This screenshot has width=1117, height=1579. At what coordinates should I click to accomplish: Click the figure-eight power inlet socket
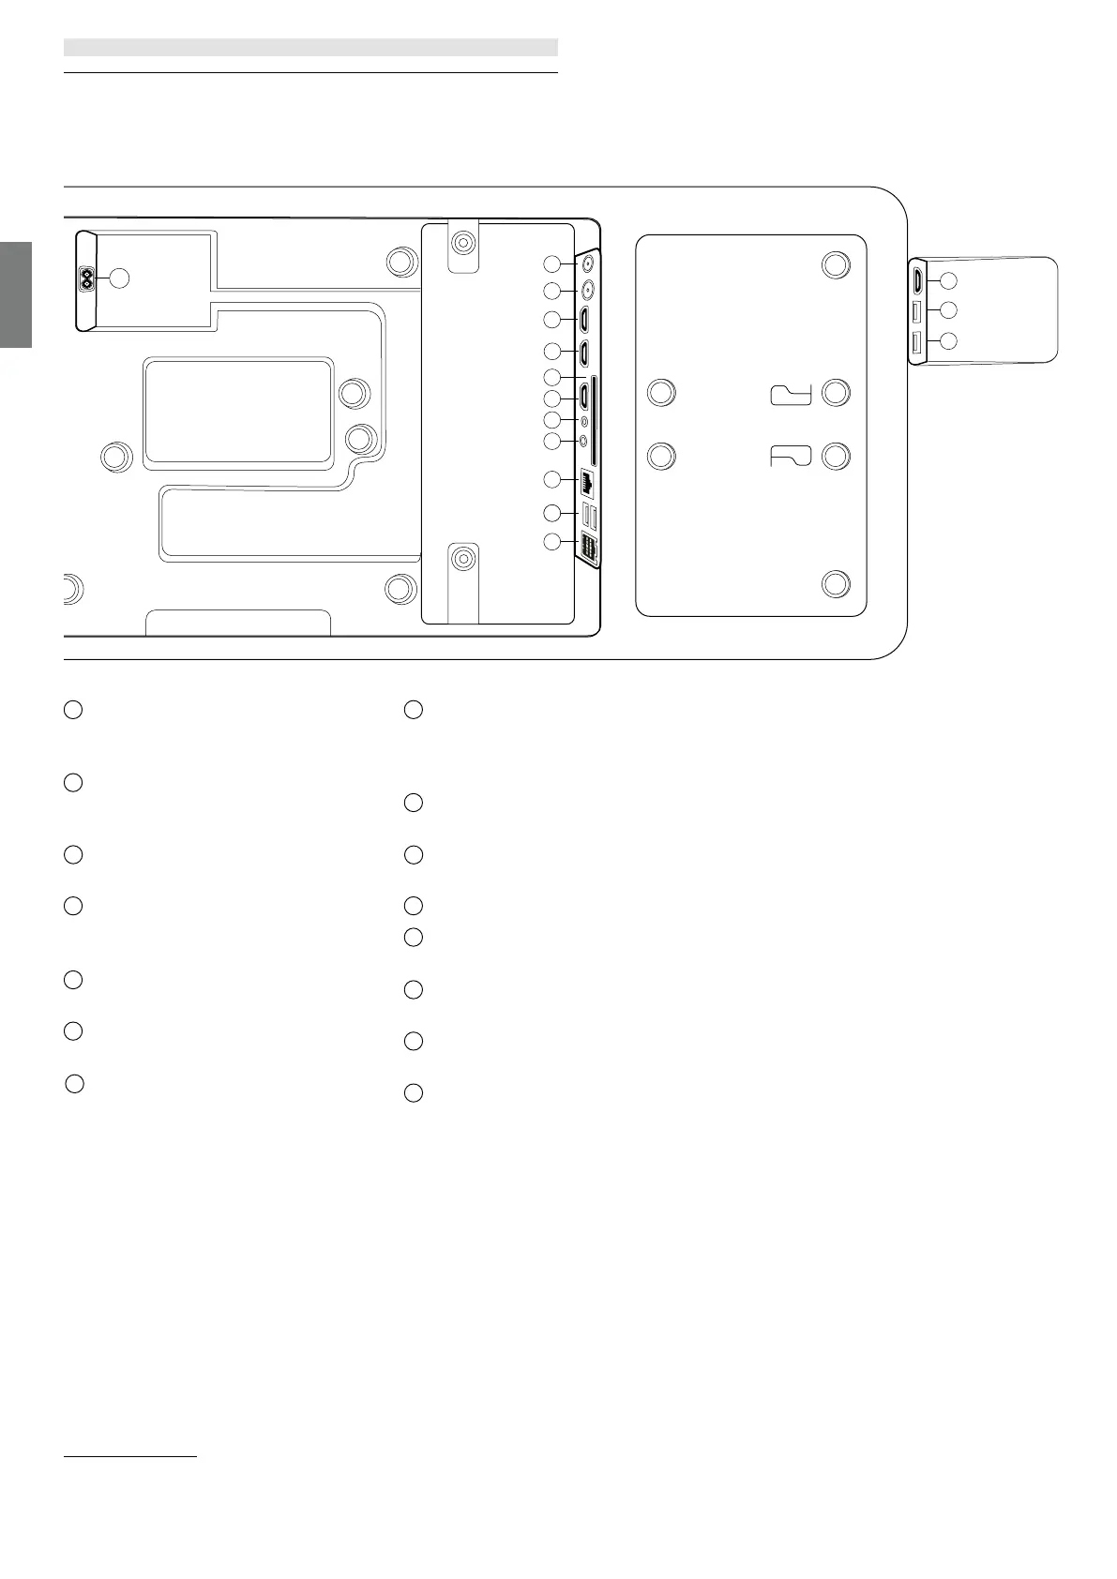[87, 278]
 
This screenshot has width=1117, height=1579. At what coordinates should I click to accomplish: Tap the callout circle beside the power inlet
[118, 278]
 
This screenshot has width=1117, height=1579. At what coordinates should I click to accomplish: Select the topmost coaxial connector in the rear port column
[588, 263]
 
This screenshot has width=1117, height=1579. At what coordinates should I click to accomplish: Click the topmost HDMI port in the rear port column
[583, 320]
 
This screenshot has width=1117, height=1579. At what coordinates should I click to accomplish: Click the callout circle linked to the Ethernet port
[553, 480]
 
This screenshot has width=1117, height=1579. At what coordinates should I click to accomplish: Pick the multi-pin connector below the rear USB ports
[588, 549]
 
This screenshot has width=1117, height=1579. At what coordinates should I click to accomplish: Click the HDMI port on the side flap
[917, 279]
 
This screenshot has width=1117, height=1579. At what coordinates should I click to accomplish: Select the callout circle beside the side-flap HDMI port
[948, 279]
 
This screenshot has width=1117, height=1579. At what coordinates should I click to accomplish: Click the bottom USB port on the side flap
[917, 342]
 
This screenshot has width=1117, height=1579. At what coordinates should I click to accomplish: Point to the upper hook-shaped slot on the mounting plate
[791, 395]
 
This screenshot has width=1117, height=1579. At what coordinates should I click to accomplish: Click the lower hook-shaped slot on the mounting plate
[791, 457]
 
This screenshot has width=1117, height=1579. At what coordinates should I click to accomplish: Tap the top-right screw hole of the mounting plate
[836, 264]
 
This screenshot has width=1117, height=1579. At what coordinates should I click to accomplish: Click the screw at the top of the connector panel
[461, 243]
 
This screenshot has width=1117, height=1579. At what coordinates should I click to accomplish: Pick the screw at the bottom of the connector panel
[461, 559]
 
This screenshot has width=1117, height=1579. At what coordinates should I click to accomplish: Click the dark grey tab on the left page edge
[16, 294]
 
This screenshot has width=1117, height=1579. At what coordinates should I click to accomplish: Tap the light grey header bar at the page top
[310, 47]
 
